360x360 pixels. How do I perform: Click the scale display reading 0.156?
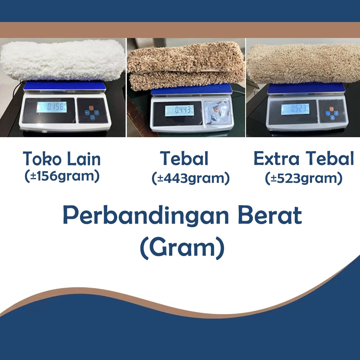[x=52, y=107]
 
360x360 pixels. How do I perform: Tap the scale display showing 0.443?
[x=179, y=110]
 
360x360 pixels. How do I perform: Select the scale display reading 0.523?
[x=295, y=109]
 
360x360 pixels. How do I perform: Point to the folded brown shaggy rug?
[x=186, y=66]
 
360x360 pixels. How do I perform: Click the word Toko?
[x=42, y=158]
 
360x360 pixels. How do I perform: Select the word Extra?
[x=276, y=158]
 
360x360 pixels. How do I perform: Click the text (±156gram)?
[x=62, y=176]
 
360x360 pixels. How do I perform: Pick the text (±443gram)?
[x=190, y=178]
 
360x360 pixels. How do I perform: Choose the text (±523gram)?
[x=304, y=178]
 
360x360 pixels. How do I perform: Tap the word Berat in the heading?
[x=270, y=215]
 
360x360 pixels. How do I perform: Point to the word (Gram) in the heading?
[x=182, y=248]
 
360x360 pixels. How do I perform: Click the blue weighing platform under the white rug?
[x=65, y=86]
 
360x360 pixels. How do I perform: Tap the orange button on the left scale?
[x=91, y=108]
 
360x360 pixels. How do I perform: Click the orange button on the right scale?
[x=331, y=109]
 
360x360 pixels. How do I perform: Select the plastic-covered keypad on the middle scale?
[x=217, y=112]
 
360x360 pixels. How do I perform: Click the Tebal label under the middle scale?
[x=184, y=158]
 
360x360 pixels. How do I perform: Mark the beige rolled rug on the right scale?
[x=303, y=64]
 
